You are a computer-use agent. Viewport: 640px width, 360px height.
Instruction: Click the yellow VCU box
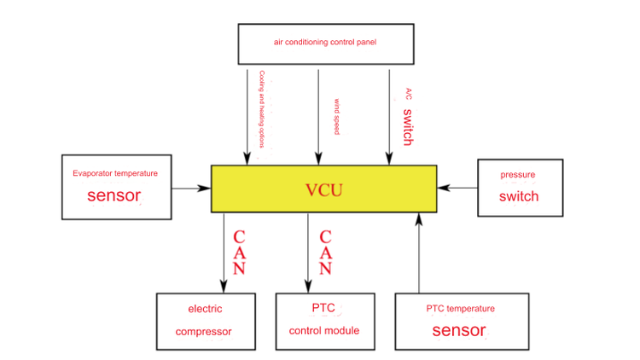[x=324, y=189]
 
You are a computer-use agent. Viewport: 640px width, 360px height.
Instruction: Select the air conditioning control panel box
[x=324, y=43]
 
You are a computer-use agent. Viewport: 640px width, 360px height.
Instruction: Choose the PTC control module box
[x=324, y=320]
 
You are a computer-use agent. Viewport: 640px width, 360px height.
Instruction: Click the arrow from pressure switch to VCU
[x=457, y=188]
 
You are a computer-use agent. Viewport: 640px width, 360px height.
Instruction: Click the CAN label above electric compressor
[x=240, y=253]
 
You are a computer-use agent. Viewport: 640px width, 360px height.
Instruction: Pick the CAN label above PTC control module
[x=324, y=253]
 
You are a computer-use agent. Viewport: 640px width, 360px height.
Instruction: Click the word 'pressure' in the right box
[x=518, y=175]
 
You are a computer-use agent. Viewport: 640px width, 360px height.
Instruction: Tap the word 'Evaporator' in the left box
[x=92, y=173]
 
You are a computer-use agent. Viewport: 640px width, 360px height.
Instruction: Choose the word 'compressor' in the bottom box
[x=204, y=332]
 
